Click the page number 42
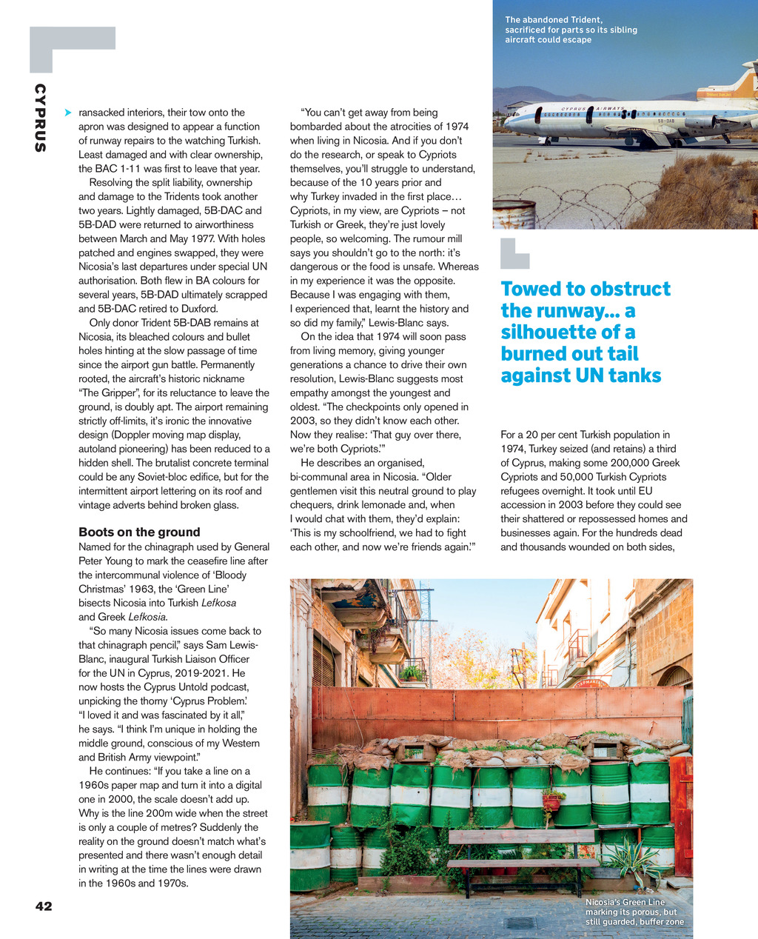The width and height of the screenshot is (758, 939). [44, 906]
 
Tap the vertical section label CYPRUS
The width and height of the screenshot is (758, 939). [40, 118]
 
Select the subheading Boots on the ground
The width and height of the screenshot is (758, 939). [139, 532]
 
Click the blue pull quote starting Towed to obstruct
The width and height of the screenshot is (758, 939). [585, 332]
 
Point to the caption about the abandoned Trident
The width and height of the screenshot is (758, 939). [571, 30]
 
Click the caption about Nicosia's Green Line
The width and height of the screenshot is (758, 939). [634, 912]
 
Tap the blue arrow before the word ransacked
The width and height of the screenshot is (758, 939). [68, 113]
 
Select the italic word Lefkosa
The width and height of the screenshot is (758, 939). [218, 603]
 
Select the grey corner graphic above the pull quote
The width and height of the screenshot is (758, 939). [514, 253]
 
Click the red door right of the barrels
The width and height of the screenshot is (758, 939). [682, 815]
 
